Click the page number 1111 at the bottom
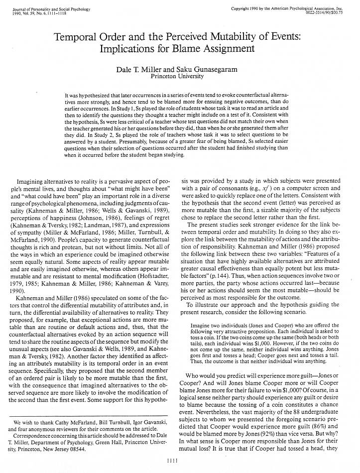[x=179, y=461]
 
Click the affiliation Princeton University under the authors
[x=177, y=77]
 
